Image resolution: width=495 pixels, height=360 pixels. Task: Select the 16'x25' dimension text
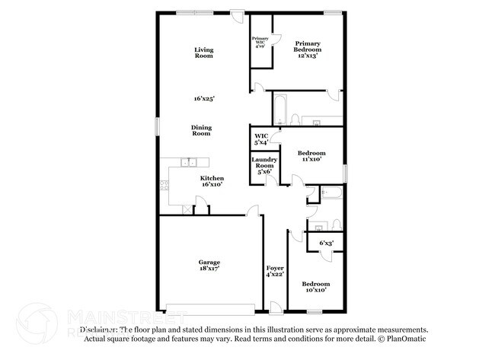click(204, 99)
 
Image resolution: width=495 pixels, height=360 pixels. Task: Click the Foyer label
click(275, 268)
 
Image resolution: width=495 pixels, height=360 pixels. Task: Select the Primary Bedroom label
click(314, 46)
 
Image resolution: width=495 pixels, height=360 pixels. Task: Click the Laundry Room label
click(264, 162)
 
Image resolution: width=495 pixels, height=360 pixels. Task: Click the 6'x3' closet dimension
click(326, 243)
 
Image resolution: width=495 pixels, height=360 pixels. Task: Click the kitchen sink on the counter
click(190, 161)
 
